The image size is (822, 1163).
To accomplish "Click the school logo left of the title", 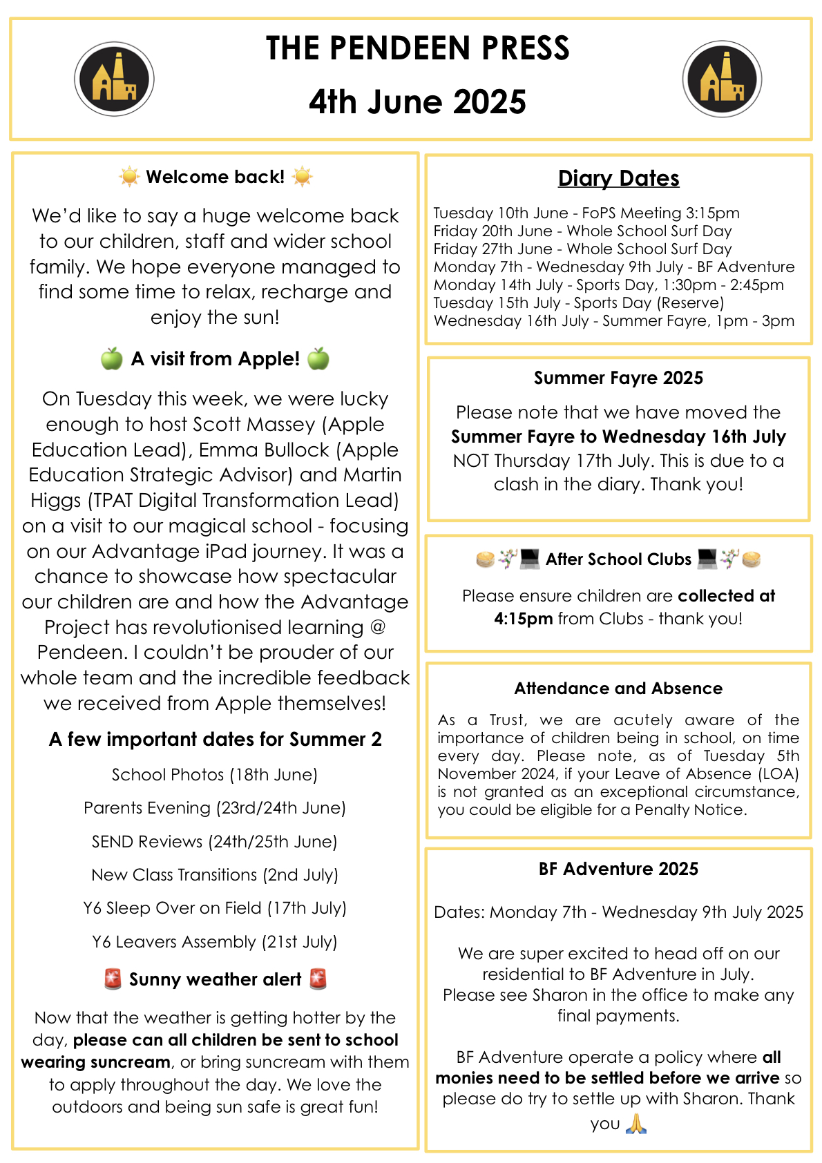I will tap(114, 79).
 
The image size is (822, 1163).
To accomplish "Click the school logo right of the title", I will tap(722, 79).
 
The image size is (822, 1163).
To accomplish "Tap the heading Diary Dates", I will tap(618, 178).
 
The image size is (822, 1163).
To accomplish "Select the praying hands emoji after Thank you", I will tap(635, 1124).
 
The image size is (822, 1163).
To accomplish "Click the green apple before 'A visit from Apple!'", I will tap(112, 359).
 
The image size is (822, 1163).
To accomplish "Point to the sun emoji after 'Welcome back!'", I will tap(303, 177).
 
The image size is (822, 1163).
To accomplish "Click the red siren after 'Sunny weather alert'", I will tap(318, 979).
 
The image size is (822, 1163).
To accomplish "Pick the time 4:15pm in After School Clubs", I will tap(523, 619).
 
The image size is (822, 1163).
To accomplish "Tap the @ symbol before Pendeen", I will tap(378, 627).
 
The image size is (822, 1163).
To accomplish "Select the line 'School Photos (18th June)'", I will tap(214, 775).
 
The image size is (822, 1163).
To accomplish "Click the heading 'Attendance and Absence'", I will tap(618, 689).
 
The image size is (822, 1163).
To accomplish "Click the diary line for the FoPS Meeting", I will tap(586, 213).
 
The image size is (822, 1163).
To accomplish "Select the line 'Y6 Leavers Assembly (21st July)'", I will tap(214, 942).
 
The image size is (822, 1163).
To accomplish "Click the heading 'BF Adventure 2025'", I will tap(618, 869).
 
